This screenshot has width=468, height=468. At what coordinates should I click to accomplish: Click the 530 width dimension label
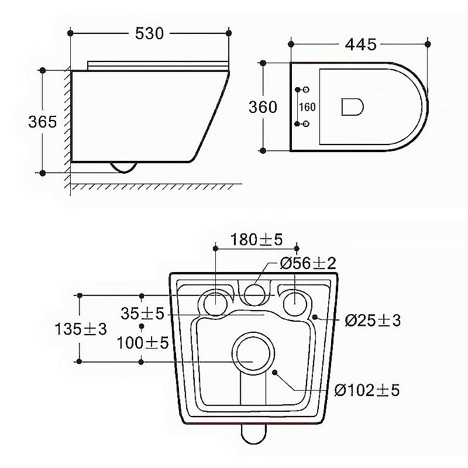point(149,33)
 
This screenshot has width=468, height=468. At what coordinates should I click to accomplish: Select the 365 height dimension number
point(42,122)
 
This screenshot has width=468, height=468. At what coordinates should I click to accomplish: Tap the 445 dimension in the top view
point(360,44)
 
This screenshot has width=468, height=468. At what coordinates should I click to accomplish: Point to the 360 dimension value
point(263,107)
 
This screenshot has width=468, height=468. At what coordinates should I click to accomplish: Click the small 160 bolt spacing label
point(307,107)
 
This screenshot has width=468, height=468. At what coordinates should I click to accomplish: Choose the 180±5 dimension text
point(256,239)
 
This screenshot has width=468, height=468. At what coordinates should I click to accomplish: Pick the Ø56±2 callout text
point(308,263)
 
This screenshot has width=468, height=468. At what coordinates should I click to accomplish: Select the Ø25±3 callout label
point(373,321)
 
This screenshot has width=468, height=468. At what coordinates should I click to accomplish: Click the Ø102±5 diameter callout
point(367,390)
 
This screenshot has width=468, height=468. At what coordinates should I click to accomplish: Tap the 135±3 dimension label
point(81,329)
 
